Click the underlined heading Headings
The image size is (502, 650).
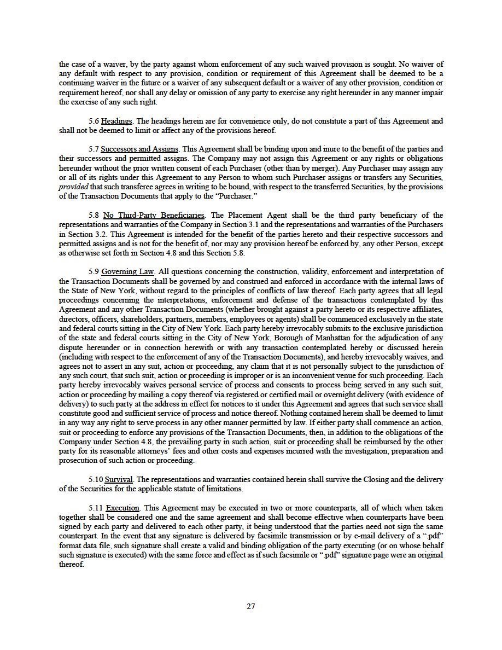click(x=116, y=121)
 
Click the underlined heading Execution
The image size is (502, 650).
click(x=123, y=508)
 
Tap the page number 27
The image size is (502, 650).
click(x=251, y=606)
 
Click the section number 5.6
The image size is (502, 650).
click(x=94, y=121)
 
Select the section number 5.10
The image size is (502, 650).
click(x=95, y=479)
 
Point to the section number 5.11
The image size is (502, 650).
click(x=95, y=508)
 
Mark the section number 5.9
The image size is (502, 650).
click(x=94, y=271)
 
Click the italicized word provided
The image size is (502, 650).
click(x=73, y=186)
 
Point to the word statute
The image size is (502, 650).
click(x=196, y=489)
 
